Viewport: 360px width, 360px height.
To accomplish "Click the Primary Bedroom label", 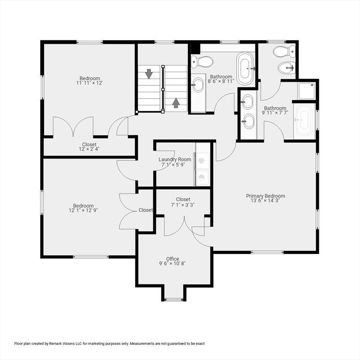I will point(265,196).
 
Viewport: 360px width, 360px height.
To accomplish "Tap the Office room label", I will point(172,259).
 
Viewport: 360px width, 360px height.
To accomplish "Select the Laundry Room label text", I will point(175,159).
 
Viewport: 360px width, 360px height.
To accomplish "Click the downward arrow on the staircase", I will point(149,74).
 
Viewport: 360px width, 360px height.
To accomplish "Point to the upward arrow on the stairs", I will point(176,102).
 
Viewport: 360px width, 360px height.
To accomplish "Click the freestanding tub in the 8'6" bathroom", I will point(245,68).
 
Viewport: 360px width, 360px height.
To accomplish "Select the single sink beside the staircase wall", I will point(198,85).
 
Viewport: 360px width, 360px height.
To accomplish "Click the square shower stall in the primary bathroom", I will point(307,91).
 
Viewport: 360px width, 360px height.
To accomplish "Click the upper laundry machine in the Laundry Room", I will point(203,160).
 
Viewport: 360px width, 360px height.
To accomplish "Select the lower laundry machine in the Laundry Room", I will point(203,177).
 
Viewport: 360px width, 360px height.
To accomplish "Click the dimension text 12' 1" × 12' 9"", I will point(83,210).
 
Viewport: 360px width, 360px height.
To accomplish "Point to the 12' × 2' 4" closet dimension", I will point(89,150).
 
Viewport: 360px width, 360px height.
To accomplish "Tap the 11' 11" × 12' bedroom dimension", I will point(89,83).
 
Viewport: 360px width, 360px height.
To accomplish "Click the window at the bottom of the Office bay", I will point(174,299).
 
